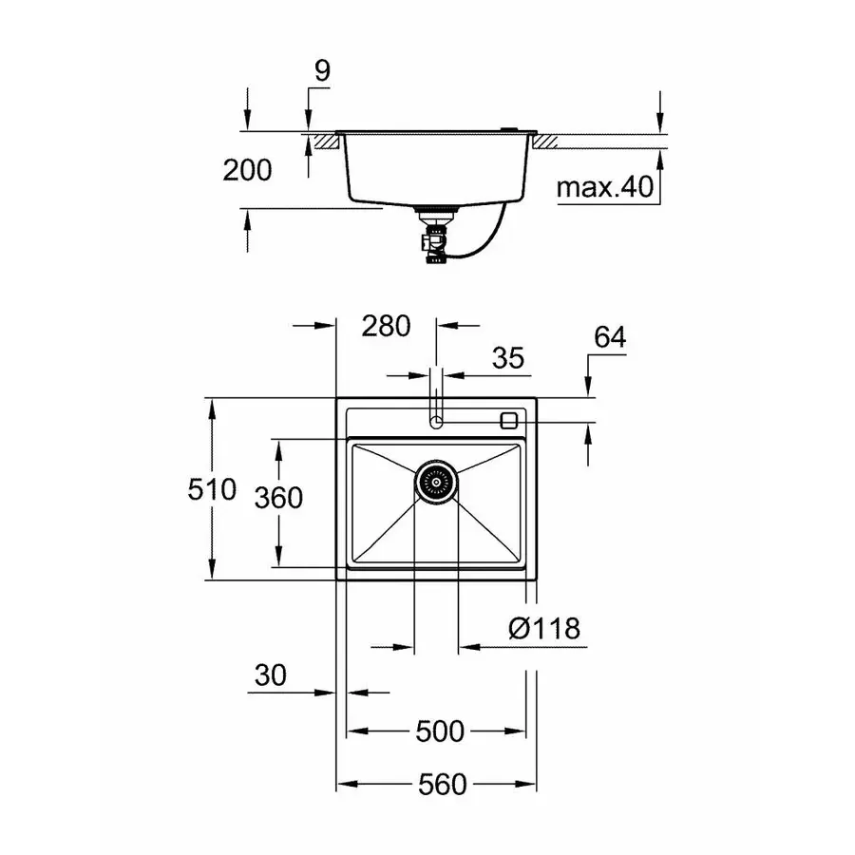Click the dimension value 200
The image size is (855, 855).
click(247, 170)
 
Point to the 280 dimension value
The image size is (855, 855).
click(386, 326)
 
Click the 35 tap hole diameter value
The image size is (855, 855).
click(508, 358)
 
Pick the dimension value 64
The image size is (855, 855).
click(609, 337)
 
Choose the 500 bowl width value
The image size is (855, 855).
click(441, 731)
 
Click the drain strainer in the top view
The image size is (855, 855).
click(436, 481)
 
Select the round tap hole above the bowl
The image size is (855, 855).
click(436, 421)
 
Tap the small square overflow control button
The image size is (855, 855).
click(509, 419)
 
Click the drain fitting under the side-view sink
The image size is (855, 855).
click(433, 237)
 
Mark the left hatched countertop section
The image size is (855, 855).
click(326, 142)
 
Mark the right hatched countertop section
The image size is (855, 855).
click(548, 142)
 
